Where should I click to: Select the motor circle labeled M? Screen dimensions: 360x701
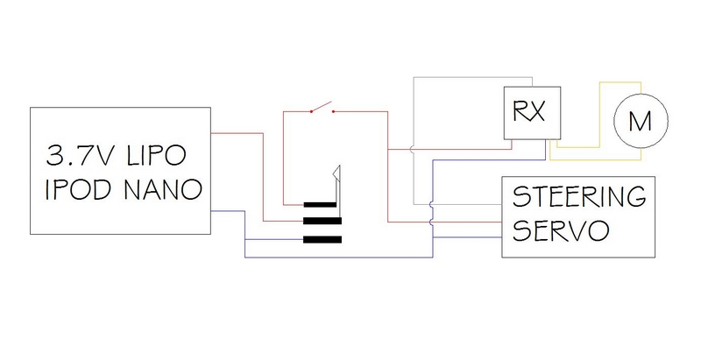point(641,121)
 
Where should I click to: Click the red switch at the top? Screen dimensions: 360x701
point(321,109)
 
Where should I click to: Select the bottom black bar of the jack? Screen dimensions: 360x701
point(321,238)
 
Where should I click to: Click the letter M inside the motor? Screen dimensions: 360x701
point(641,121)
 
